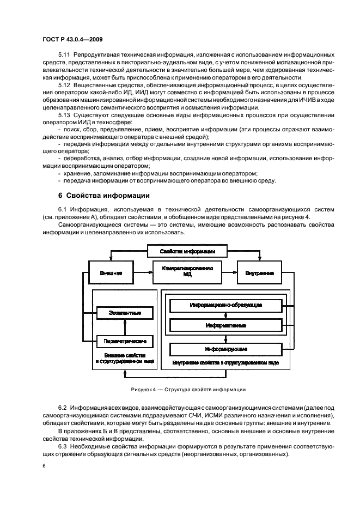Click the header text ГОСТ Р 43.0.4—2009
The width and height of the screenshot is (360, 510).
point(73,40)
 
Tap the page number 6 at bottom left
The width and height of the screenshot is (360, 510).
point(44,466)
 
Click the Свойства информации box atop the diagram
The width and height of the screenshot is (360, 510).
point(187,251)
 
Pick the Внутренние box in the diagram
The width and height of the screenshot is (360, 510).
point(259,272)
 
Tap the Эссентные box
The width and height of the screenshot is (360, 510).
point(125,313)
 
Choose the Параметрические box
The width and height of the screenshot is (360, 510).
point(125,341)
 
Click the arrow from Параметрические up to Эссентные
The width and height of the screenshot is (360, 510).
point(125,327)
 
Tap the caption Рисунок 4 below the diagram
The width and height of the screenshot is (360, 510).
point(188,390)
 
